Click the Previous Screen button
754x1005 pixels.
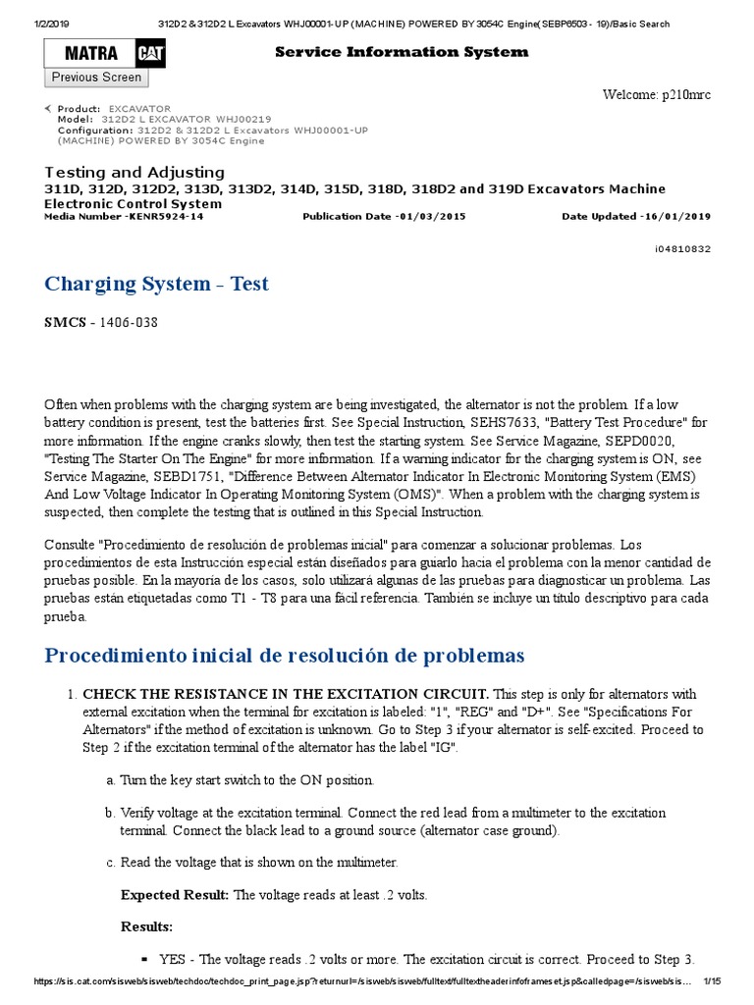(96, 78)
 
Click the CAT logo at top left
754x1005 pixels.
(151, 53)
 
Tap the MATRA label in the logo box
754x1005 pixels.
(90, 54)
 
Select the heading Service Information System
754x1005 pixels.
(401, 52)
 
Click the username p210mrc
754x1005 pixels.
(686, 94)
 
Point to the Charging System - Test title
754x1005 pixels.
(156, 285)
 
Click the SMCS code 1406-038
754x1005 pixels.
(123, 322)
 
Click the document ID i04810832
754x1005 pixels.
(682, 249)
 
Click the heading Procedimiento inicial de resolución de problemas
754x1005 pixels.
(285, 655)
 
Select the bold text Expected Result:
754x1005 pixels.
(175, 895)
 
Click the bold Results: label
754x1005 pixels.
(146, 926)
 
